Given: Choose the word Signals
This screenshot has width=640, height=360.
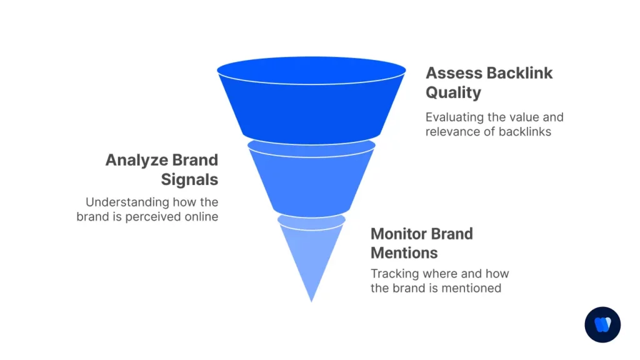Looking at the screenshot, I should coord(189,180).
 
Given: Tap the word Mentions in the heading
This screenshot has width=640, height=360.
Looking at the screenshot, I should coord(404,253).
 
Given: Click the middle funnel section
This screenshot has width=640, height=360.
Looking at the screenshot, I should coord(311,181).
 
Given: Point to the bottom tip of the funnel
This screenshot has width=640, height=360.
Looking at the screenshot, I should coord(311,301).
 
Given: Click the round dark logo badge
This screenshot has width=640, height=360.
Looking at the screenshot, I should coord(602,325).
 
